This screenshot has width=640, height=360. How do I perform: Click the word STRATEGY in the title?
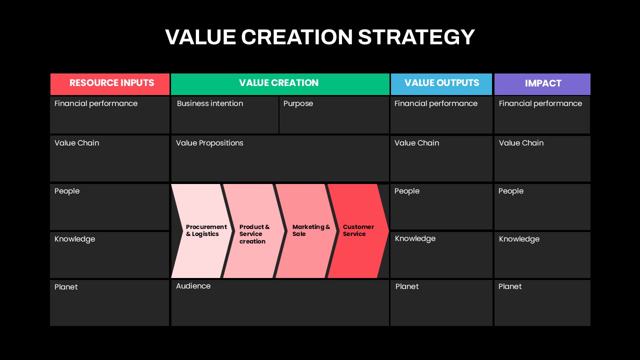tap(416, 37)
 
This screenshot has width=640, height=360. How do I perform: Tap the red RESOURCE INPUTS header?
tap(110, 84)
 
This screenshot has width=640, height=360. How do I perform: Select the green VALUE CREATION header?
tap(280, 84)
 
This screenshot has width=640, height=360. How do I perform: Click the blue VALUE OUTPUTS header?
tap(441, 84)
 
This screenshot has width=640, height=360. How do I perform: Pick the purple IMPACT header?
tap(542, 84)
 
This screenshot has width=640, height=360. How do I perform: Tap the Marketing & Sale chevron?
tap(306, 231)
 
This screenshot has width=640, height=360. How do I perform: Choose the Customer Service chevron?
tap(358, 231)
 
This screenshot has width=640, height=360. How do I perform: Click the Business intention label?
tap(210, 103)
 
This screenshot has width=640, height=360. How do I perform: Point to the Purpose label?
tap(298, 103)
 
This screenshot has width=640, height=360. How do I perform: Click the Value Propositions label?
tap(209, 143)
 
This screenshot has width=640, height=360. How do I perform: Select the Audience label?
tap(193, 286)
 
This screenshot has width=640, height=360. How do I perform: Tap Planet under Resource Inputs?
tap(66, 287)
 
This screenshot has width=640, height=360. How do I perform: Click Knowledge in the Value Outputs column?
tap(415, 238)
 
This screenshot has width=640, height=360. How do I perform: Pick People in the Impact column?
tap(511, 191)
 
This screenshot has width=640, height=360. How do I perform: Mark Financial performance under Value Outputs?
tap(436, 103)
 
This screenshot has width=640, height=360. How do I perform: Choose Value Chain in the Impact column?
tap(521, 143)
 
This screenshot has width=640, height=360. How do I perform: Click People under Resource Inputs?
tap(67, 191)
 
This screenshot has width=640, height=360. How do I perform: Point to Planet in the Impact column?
tap(510, 286)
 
